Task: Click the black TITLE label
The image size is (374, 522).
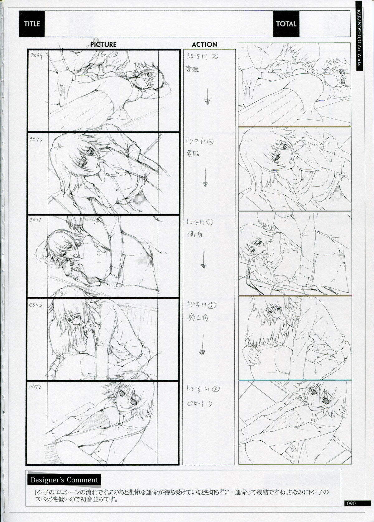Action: pyautogui.click(x=32, y=23)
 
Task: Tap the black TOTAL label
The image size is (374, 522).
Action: pyautogui.click(x=286, y=24)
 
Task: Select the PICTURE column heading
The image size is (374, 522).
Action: pyautogui.click(x=103, y=44)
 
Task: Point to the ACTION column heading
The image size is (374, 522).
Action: pyautogui.click(x=204, y=45)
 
